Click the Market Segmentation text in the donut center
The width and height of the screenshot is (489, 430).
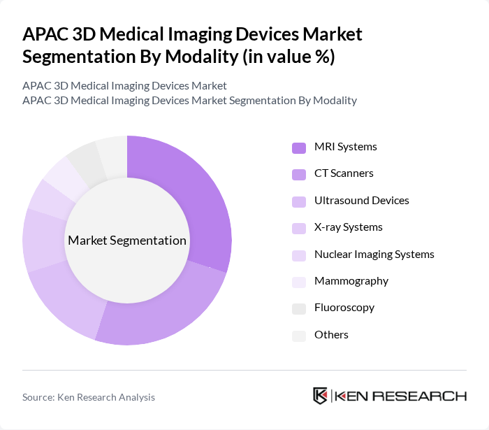point(127,241)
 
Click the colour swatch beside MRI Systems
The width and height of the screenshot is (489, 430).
point(299,148)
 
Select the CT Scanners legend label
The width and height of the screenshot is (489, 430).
point(344,173)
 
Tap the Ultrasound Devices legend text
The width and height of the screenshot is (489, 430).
point(361,201)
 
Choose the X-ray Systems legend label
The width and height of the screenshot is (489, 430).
point(348,227)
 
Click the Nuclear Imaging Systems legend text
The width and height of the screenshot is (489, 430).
point(374,254)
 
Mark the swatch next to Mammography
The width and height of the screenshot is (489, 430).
point(299,282)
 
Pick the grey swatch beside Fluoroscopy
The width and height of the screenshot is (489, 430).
point(299,308)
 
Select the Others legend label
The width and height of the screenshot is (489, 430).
point(331,335)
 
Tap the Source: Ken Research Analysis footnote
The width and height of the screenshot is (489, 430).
point(89,397)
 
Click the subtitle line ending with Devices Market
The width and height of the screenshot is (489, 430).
point(124,85)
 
